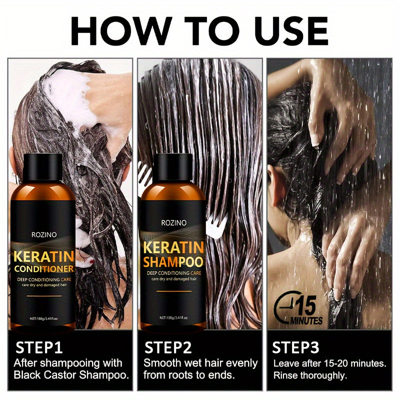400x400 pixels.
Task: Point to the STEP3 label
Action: [295, 347]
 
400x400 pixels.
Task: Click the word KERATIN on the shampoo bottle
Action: [172, 247]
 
